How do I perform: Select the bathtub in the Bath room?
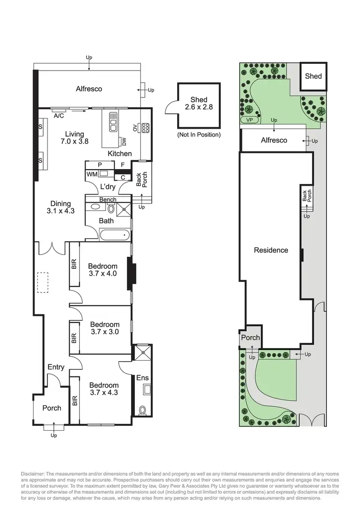click(115, 235)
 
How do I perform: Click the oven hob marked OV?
click(144, 127)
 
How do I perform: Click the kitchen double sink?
click(114, 122)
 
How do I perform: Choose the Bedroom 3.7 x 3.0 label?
click(105, 328)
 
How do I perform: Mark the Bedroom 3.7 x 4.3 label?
click(104, 388)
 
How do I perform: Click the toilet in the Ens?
click(143, 411)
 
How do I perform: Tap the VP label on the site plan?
click(249, 120)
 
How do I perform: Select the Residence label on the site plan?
click(271, 250)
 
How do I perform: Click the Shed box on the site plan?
click(313, 76)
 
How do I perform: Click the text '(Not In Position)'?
click(199, 135)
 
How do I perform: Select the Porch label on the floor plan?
click(52, 408)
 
